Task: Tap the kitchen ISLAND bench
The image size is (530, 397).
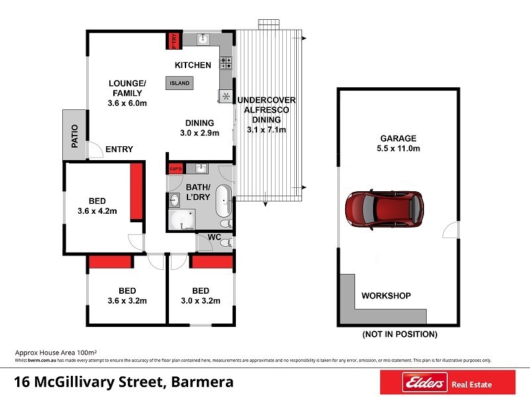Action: pyautogui.click(x=180, y=83)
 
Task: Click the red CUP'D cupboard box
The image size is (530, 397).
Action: pyautogui.click(x=176, y=168)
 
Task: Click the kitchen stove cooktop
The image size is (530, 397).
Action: pyautogui.click(x=226, y=64)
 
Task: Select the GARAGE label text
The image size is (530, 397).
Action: pyautogui.click(x=398, y=138)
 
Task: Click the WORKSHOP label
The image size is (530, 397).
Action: pyautogui.click(x=386, y=296)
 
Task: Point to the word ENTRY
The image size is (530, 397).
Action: pyautogui.click(x=119, y=150)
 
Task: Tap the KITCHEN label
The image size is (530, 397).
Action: pyautogui.click(x=193, y=65)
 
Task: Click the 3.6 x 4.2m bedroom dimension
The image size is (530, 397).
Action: pyautogui.click(x=97, y=212)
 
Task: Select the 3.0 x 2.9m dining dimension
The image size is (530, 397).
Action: pyautogui.click(x=199, y=133)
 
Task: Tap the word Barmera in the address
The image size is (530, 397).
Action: pyautogui.click(x=202, y=382)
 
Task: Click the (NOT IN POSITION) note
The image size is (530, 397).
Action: pyautogui.click(x=399, y=334)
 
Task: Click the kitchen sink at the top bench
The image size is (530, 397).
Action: pyautogui.click(x=204, y=40)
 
